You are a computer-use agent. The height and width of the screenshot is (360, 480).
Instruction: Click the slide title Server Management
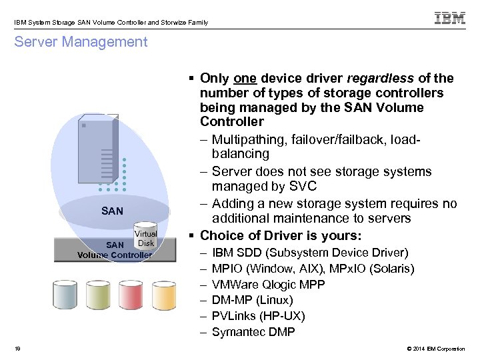coord(80,42)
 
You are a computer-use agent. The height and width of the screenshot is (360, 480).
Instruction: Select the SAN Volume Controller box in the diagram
coord(115,249)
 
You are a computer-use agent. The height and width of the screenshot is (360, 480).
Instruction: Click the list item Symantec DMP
coord(253,332)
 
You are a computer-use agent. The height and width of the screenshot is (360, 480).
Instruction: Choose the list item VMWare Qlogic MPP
coord(268,284)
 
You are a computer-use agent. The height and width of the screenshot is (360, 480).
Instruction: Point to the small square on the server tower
coord(83,124)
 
